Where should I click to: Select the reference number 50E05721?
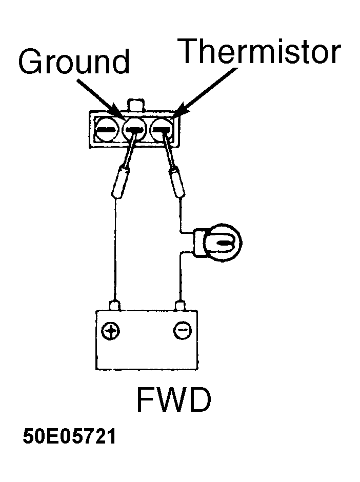[69, 436]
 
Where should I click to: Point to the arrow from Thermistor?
[206, 94]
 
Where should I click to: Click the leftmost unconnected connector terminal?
[106, 130]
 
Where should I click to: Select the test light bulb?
[223, 242]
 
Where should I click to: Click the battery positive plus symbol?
[110, 331]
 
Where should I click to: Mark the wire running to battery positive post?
[115, 250]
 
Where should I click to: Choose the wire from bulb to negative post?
[181, 277]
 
